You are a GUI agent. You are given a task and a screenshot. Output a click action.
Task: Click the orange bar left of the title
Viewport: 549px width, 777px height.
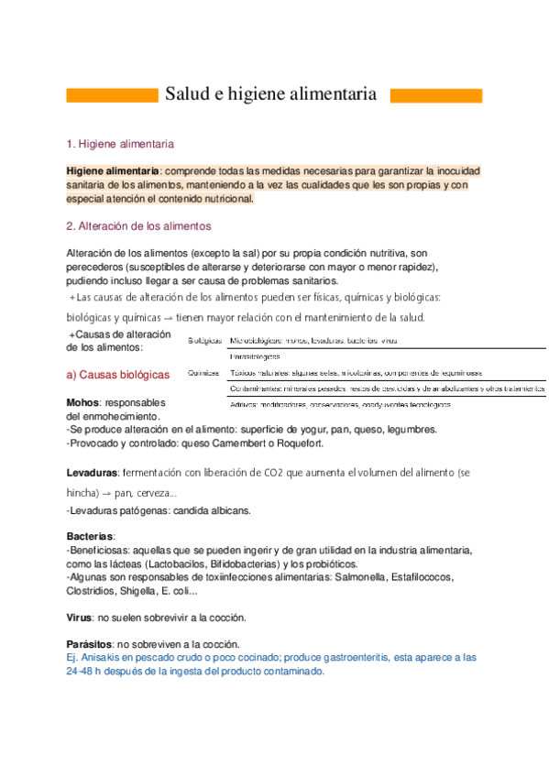point(113,95)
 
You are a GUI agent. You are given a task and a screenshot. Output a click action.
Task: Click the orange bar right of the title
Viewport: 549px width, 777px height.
point(436,95)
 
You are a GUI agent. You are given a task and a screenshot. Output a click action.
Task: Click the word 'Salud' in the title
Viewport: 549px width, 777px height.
point(188,94)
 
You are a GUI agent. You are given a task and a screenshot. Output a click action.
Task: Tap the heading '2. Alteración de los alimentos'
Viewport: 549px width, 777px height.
point(138,225)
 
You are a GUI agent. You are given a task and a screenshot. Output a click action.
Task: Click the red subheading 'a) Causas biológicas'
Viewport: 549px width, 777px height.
point(118,375)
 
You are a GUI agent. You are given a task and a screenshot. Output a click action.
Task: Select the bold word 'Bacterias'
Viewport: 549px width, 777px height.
point(90,535)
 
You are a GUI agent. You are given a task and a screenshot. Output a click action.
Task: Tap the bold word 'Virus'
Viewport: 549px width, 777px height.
point(79,617)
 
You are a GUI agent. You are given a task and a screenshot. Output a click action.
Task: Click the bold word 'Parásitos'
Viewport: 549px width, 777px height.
point(90,643)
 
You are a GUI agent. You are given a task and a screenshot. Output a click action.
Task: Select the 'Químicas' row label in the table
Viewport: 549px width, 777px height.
point(202,373)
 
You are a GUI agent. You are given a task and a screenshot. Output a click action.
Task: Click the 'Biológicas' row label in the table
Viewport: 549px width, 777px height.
point(204,341)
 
